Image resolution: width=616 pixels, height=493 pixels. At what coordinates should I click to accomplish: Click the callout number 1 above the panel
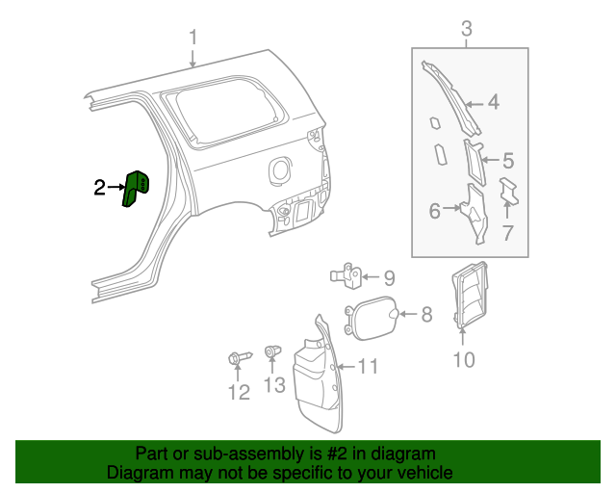192,38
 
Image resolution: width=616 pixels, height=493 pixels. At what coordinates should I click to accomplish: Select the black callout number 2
100,188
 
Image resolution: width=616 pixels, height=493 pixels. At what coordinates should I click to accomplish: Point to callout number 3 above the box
467,30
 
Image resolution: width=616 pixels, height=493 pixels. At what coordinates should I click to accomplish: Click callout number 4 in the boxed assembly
493,102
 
